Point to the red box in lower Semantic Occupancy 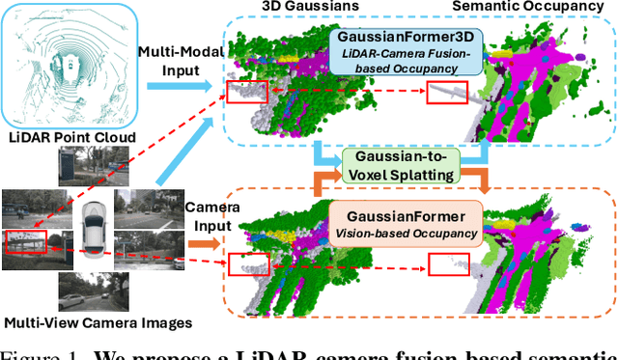pyautogui.click(x=446, y=263)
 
